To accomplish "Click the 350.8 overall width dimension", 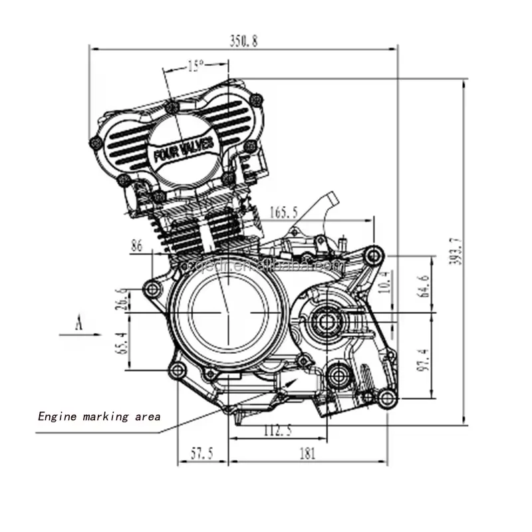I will coord(243,41).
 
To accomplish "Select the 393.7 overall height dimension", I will coord(456,251).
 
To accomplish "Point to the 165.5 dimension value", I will coord(284,213).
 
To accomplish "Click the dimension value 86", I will coord(137,245).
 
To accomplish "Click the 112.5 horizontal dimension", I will coord(277,430).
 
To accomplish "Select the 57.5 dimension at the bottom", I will coord(201,454).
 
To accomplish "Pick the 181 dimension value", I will coord(307,454).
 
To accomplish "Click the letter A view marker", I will coord(78,324).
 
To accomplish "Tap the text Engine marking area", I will coord(98,417).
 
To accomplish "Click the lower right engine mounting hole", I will coord(387,398).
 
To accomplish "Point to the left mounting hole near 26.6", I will coord(153,289).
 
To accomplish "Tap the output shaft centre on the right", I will coord(327,321).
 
